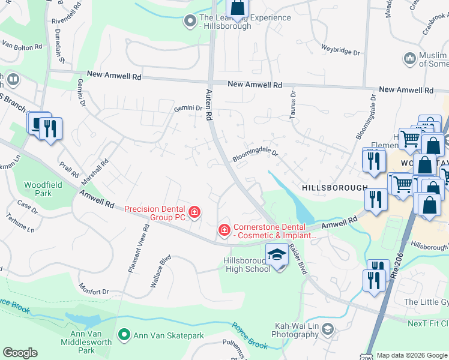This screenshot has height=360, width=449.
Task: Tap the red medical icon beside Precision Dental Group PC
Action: pyautogui.click(x=194, y=211)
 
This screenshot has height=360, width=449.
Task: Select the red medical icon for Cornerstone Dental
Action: pyautogui.click(x=224, y=230)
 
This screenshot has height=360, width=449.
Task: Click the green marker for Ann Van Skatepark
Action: pyautogui.click(x=124, y=334)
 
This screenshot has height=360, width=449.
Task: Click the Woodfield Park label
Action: pyautogui.click(x=38, y=189)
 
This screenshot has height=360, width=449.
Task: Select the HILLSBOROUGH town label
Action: pyautogui.click(x=334, y=188)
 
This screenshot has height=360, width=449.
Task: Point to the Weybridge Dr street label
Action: pyautogui.click(x=340, y=53)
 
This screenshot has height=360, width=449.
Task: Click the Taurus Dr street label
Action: pyautogui.click(x=293, y=106)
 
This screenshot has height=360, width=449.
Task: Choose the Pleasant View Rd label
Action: pyautogui.click(x=138, y=249)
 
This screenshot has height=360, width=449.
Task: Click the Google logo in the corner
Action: pyautogui.click(x=20, y=353)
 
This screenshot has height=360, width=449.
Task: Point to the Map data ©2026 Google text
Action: pyautogui.click(x=412, y=355)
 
